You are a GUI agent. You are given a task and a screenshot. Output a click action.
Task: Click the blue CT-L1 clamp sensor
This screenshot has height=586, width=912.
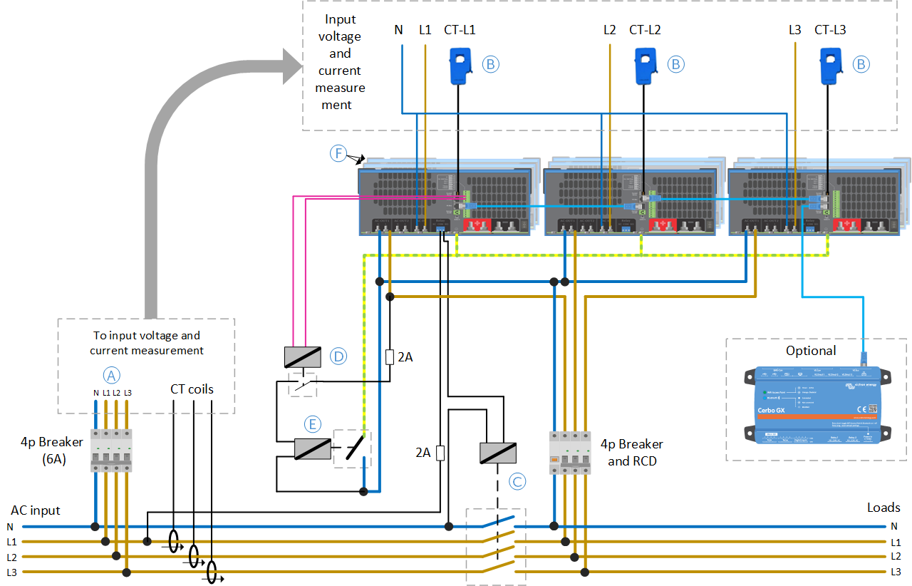(458, 65)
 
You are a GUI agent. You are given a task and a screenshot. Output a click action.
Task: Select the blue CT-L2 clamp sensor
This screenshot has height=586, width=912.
(644, 65)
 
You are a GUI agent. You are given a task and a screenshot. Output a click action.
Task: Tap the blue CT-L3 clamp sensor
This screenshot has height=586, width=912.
(829, 65)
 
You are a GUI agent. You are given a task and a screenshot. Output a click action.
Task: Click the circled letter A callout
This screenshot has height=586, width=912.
(111, 375)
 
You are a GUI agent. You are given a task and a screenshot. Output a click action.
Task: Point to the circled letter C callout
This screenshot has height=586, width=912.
(517, 481)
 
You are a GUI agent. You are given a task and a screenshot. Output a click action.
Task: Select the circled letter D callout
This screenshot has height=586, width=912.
(338, 355)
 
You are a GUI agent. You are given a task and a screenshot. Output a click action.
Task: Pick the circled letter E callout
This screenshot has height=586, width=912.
(311, 424)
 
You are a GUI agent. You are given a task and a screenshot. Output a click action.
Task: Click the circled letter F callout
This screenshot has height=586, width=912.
(338, 153)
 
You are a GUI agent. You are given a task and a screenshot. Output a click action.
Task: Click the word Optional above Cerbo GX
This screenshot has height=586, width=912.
(811, 351)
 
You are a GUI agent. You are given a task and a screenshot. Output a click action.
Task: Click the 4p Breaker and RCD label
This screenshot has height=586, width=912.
(631, 453)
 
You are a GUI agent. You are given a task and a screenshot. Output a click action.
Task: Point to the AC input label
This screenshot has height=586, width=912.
(35, 510)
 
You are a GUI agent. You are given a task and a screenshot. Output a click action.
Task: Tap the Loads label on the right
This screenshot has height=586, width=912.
(883, 508)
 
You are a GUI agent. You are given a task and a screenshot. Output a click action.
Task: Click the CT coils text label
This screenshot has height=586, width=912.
(192, 389)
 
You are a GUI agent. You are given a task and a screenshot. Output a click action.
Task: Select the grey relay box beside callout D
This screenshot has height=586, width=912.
(302, 356)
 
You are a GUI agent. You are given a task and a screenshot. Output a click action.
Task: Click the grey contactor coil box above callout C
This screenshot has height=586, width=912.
(498, 453)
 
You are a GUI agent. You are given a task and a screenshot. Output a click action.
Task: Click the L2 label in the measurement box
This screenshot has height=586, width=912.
(609, 30)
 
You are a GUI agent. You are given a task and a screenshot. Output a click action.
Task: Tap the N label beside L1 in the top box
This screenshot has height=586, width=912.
(398, 30)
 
